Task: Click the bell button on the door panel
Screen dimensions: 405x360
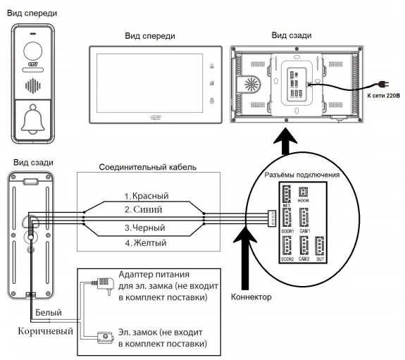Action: click(33, 120)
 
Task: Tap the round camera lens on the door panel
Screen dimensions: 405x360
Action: click(33, 51)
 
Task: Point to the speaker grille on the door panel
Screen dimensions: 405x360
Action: click(33, 86)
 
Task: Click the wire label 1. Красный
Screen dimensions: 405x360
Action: click(147, 196)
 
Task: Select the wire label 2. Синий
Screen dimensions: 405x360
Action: click(144, 209)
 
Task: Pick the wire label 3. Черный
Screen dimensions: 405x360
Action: click(145, 228)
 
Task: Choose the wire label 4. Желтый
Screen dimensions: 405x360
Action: click(146, 243)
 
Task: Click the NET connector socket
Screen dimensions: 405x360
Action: click(287, 194)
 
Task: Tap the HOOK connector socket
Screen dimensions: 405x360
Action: click(304, 192)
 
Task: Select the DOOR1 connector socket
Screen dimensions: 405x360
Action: click(287, 218)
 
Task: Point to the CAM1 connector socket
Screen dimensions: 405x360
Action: click(304, 218)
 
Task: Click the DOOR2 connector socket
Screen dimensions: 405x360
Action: click(287, 246)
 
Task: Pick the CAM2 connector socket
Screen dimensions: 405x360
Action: click(304, 246)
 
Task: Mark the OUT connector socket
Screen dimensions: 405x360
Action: click(320, 246)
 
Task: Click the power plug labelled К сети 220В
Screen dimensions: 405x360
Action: click(382, 84)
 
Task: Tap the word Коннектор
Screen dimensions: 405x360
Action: click(251, 297)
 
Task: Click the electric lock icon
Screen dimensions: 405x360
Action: click(106, 337)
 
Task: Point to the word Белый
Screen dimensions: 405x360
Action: click(49, 313)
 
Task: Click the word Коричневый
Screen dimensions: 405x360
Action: click(46, 331)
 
